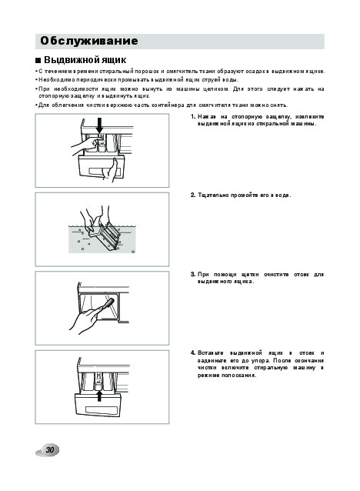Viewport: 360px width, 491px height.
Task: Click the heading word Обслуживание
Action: tap(89, 41)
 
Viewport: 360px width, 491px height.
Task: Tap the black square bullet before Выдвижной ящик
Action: tap(38, 60)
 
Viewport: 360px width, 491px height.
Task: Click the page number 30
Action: tap(50, 450)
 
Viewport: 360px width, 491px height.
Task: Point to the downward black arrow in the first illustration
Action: tap(99, 125)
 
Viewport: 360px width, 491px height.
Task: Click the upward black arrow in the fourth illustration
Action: tap(99, 395)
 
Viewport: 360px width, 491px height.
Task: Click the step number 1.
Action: tap(193, 117)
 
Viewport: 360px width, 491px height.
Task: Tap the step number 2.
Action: tap(193, 195)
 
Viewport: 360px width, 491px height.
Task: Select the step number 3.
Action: tap(193, 275)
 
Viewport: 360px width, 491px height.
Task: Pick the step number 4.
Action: tap(193, 353)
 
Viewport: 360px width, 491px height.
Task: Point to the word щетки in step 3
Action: tap(250, 275)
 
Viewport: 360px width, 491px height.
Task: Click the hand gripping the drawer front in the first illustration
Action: tap(112, 171)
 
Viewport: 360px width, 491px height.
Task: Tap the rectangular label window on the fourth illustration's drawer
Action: tap(99, 409)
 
